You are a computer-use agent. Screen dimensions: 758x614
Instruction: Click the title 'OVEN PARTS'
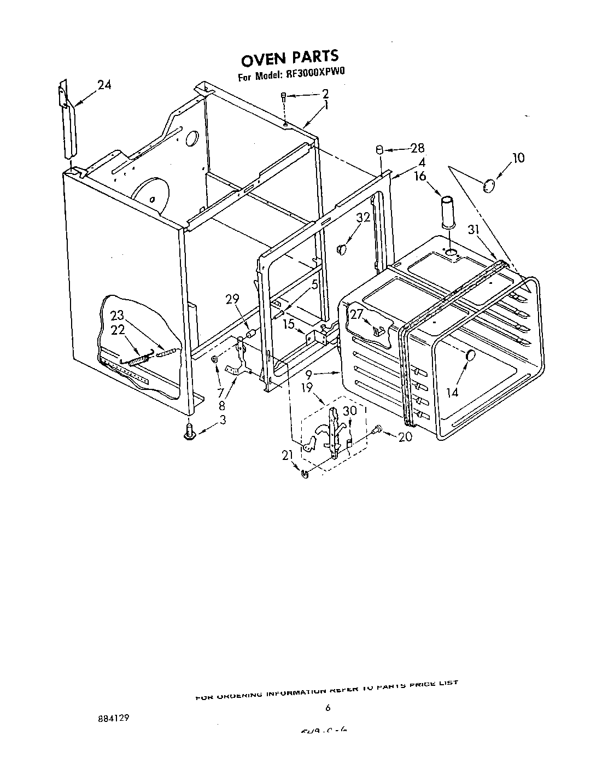(290, 57)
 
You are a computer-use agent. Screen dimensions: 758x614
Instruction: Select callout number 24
(104, 85)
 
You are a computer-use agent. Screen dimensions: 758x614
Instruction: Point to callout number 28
(418, 148)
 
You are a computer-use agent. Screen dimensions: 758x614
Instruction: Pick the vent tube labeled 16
(448, 211)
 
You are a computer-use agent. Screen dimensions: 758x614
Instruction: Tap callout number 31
(473, 230)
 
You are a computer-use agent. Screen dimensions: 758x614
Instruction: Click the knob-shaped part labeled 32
(342, 249)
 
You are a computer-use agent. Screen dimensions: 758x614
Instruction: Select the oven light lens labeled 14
(469, 357)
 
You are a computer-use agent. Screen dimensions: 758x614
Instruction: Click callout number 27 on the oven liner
(356, 313)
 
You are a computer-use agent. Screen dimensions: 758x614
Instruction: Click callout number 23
(118, 316)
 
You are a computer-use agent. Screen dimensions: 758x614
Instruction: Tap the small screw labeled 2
(284, 97)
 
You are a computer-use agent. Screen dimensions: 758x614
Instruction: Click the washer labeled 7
(215, 359)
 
